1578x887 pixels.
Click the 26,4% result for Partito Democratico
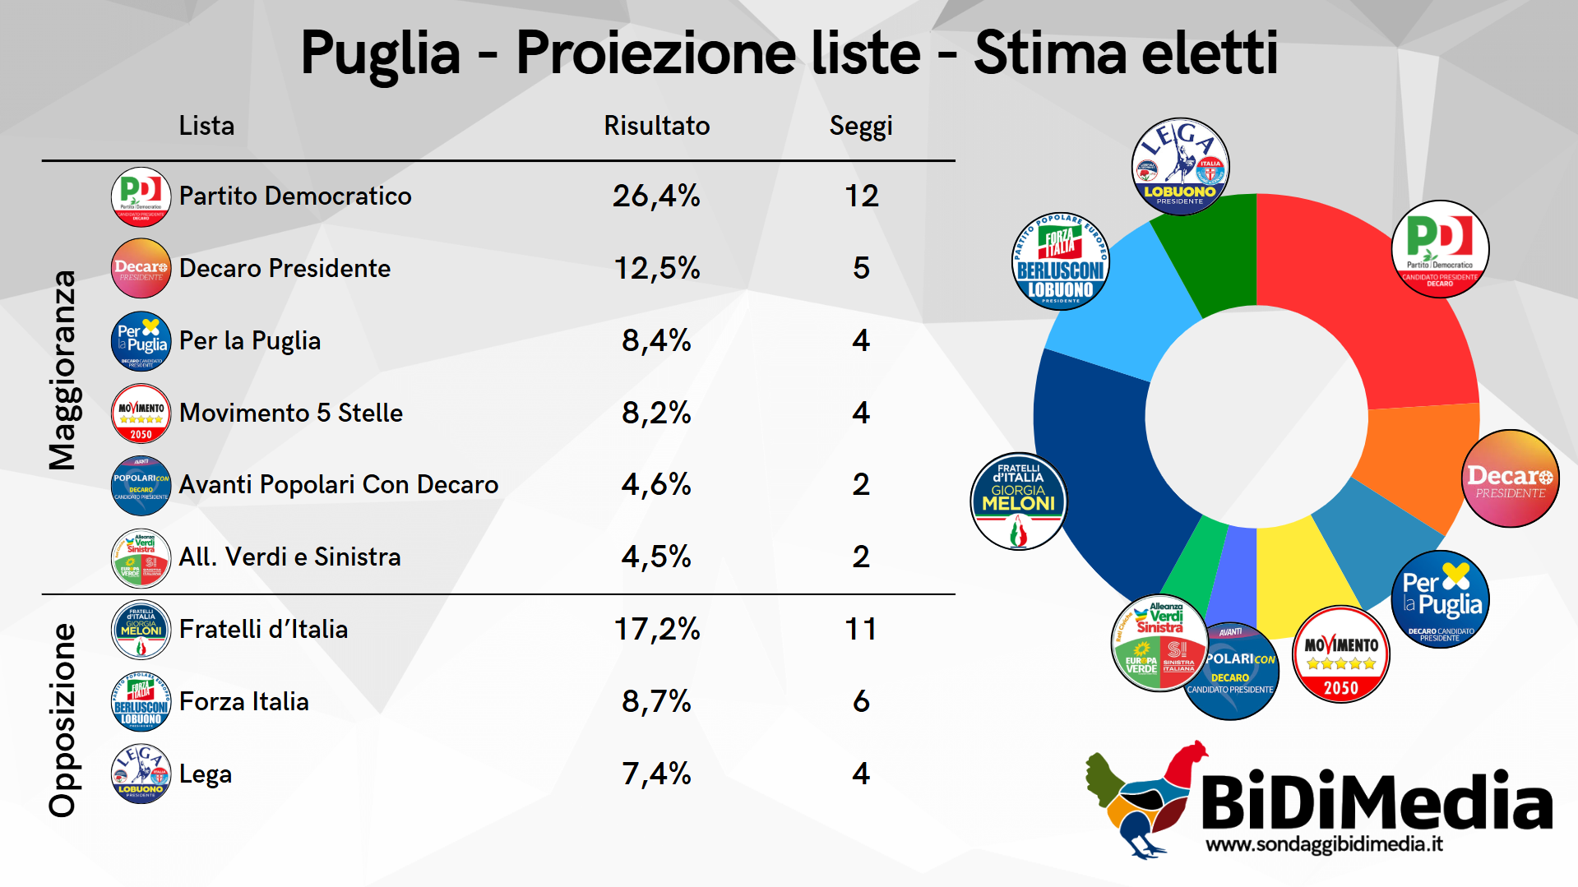tap(656, 196)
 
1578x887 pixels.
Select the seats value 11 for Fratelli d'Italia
tap(860, 630)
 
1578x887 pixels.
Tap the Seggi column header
tap(860, 126)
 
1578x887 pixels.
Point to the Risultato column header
tap(656, 126)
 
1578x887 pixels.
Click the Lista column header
tap(206, 126)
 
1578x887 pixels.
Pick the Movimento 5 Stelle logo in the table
tap(141, 413)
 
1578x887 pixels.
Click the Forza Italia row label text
tap(244, 701)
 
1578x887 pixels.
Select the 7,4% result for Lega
tap(656, 774)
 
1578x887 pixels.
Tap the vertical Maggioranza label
tap(62, 370)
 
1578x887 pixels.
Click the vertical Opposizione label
tap(62, 720)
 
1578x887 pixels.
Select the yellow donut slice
tap(1299, 575)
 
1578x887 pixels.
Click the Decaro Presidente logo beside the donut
tap(1510, 478)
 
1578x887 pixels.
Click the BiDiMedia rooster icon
tap(1139, 797)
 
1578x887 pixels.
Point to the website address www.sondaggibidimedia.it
tap(1324, 844)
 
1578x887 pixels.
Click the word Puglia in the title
tap(380, 54)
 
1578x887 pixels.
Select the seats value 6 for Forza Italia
tap(860, 701)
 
